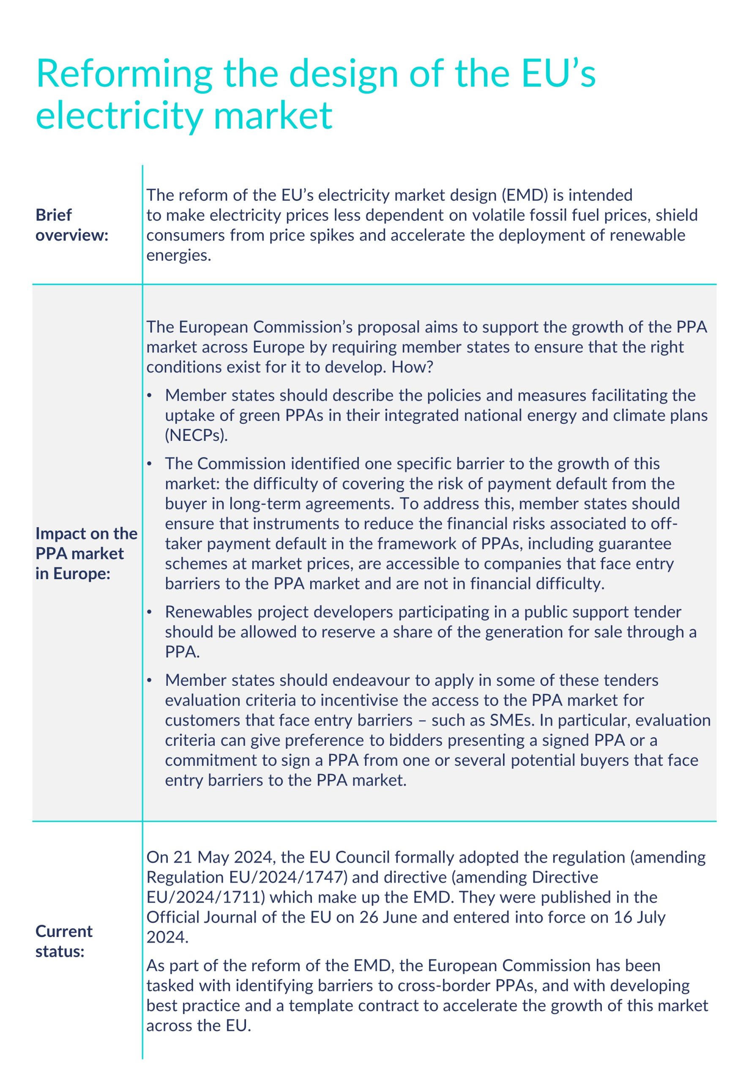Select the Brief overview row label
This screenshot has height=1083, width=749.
click(71, 225)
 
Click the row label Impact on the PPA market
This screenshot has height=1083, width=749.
click(86, 553)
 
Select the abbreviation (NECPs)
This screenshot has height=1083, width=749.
click(196, 435)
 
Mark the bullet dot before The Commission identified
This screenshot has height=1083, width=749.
click(149, 464)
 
